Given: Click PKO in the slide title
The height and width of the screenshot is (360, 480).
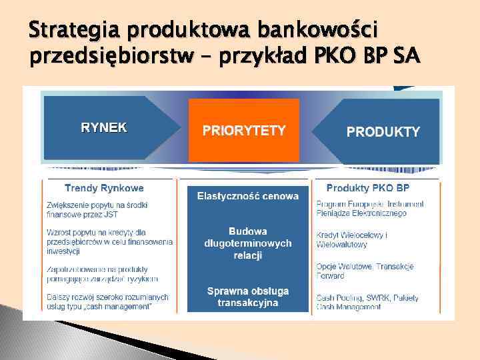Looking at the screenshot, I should tap(345, 58).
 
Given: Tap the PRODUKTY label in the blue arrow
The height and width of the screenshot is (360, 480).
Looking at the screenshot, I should tap(383, 131).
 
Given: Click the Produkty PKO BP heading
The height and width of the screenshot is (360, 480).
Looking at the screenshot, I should tap(377, 188).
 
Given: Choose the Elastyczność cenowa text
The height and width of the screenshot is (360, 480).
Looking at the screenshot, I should tap(247, 196).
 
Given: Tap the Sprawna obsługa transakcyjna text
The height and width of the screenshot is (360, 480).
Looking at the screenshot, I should tap(247, 297).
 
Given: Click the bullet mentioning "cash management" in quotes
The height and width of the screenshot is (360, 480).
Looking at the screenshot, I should tap(107, 301).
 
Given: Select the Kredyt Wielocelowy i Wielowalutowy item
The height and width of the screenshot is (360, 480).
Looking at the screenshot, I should tap(353, 240).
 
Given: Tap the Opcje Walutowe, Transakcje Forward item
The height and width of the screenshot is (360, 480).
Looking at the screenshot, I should tap(365, 271).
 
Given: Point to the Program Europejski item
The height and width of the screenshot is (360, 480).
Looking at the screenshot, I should tap(370, 209).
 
